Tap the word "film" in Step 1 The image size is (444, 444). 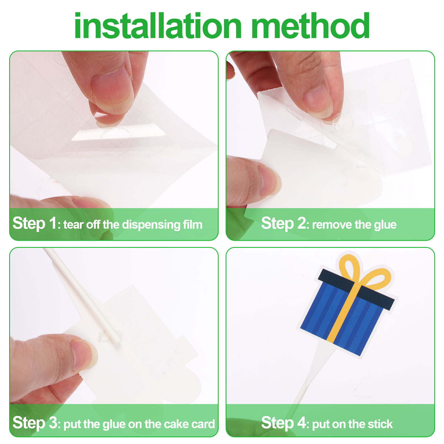point(193,224)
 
